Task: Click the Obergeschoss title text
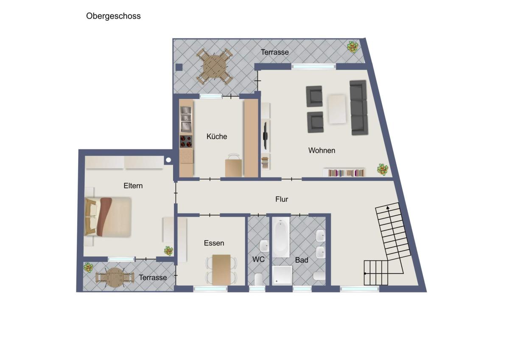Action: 113,16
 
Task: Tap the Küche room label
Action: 217,136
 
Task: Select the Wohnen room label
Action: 322,150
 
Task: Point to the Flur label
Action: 282,199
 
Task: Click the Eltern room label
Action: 133,186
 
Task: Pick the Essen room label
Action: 214,243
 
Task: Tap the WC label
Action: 258,259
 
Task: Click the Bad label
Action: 302,260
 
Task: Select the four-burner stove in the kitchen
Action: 186,141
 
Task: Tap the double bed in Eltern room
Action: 108,217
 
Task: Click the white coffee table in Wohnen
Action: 337,109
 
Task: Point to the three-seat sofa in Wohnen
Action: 358,107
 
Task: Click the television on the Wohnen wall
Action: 265,136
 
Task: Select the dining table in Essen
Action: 221,270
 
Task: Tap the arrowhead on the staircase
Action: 388,208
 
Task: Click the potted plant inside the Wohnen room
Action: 383,169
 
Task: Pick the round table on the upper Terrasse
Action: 215,66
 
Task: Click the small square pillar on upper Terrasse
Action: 179,67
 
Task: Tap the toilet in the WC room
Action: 259,279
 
